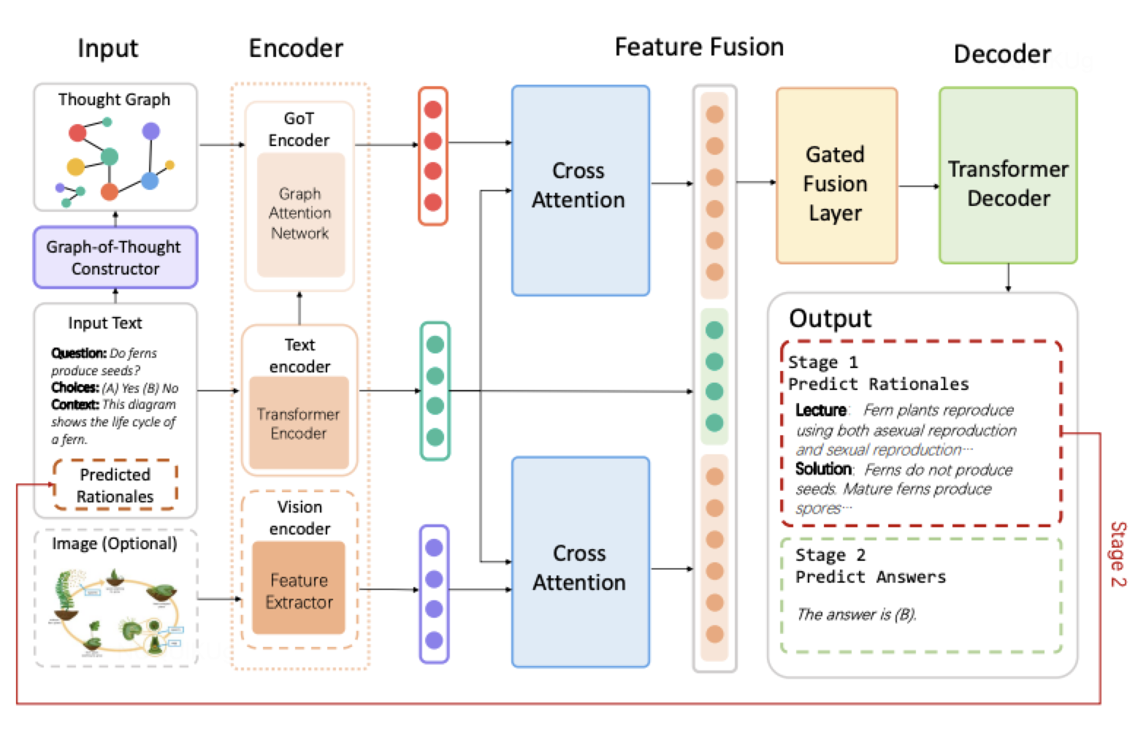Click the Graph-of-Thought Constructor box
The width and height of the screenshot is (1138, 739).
(115, 258)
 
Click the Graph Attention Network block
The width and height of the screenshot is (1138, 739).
(300, 214)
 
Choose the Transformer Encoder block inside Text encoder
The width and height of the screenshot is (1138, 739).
(299, 424)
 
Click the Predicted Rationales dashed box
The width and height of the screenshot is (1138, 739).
(115, 485)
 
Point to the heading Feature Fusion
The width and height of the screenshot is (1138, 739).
(699, 47)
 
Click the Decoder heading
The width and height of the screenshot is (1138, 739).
(1001, 54)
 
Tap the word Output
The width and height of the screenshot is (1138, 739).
(830, 318)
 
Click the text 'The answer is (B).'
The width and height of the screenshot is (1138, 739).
(855, 614)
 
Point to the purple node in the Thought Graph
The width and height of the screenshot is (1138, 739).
(150, 131)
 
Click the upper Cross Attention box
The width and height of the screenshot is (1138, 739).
(580, 191)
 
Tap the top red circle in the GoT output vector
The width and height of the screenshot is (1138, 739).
(433, 110)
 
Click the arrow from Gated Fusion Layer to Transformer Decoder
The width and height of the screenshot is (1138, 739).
(918, 186)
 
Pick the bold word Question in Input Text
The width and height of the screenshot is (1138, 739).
(79, 353)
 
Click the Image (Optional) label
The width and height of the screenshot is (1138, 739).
(115, 544)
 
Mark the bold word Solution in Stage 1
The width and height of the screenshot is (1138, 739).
(823, 469)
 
